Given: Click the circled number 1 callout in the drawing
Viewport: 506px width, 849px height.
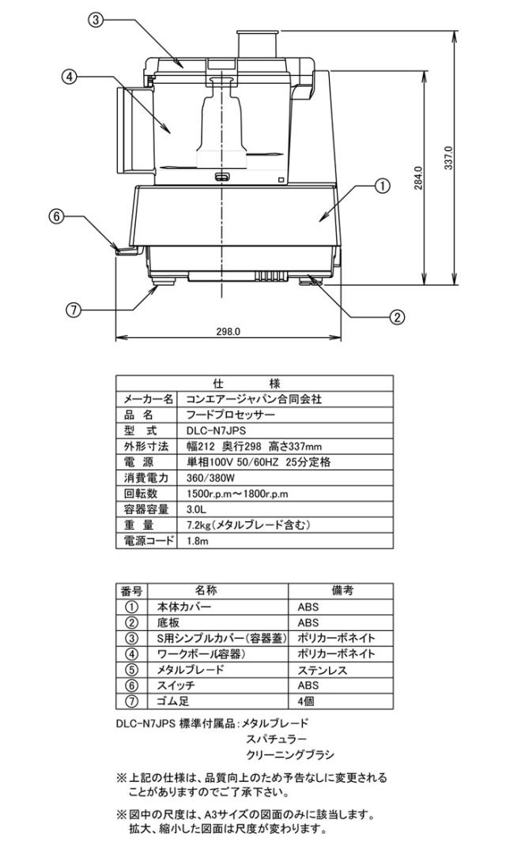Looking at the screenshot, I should point(380,186).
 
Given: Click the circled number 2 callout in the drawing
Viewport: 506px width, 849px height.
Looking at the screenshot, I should point(398,317).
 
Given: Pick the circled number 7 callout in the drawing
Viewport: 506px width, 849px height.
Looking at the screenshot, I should point(74,310).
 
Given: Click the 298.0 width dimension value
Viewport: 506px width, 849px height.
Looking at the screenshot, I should point(228,332).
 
